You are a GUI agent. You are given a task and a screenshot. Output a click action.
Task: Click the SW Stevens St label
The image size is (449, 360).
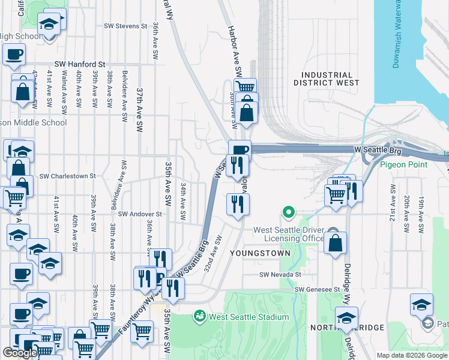[x=125, y=26]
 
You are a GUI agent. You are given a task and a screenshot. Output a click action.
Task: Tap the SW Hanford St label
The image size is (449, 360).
[x=80, y=64]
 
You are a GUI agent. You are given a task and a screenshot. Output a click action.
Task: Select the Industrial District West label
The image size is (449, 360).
[x=326, y=78]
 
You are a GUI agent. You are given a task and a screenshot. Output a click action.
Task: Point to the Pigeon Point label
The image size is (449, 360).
[x=403, y=164]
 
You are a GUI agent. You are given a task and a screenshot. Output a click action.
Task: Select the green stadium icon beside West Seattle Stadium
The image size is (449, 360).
[x=200, y=316]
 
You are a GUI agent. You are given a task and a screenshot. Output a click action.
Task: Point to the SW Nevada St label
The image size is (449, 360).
[x=280, y=275]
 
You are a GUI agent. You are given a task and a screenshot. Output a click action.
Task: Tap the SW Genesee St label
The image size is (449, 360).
[x=317, y=289]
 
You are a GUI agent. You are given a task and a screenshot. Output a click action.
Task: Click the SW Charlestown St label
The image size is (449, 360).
[x=68, y=176]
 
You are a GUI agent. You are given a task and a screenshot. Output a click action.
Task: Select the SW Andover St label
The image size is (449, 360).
[x=140, y=214]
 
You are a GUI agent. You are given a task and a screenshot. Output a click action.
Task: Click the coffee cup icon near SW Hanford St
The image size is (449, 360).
[x=14, y=53]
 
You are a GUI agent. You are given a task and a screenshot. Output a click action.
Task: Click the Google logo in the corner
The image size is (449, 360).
[x=20, y=353]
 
